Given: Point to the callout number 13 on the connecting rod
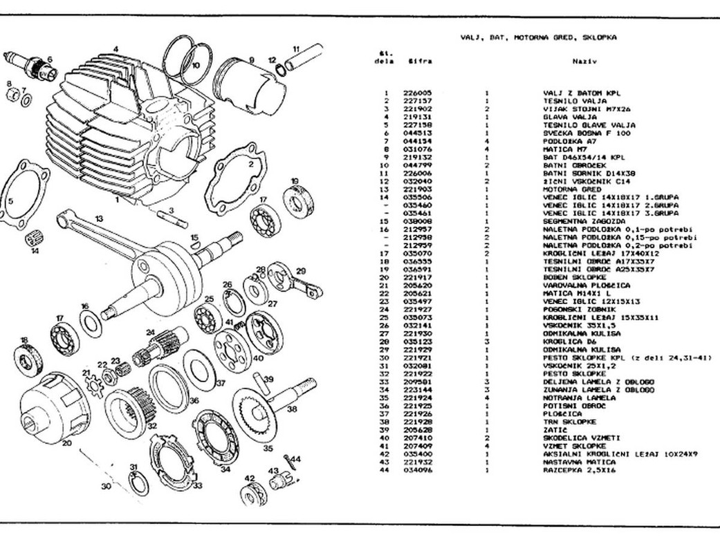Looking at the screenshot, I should (x=98, y=219).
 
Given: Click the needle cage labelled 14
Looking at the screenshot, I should (x=32, y=241).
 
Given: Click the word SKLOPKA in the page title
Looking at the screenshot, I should (x=600, y=37).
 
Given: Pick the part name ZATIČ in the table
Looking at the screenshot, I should (x=554, y=429).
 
